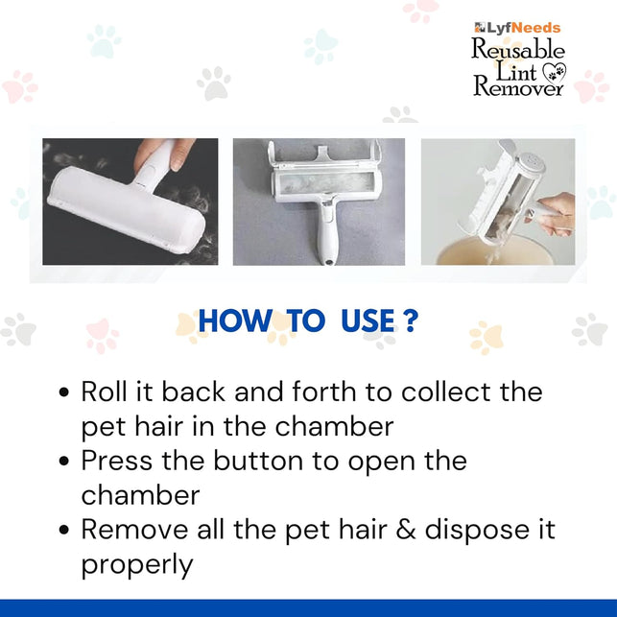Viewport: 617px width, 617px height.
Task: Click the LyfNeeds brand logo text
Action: (518, 28)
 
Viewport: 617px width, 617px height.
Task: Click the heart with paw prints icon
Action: (555, 71)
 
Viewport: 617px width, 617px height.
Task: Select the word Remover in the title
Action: (518, 87)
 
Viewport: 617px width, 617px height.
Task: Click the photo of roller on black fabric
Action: (131, 202)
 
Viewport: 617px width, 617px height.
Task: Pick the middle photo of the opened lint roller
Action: (320, 202)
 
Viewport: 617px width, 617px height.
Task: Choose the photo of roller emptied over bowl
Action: (498, 202)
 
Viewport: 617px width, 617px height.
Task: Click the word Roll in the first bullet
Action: (101, 392)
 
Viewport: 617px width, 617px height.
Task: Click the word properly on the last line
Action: (136, 566)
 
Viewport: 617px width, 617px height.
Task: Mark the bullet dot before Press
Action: (64, 462)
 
